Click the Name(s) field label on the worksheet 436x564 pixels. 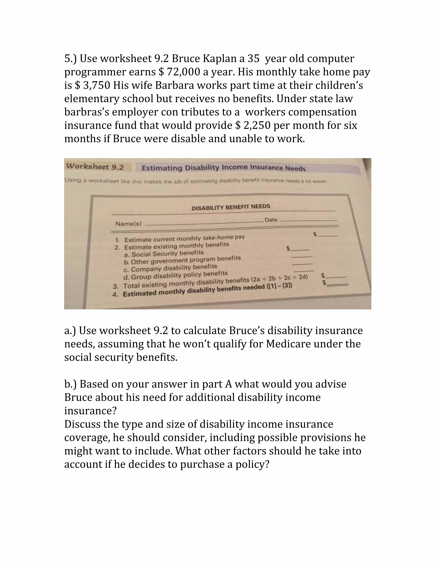point(128,224)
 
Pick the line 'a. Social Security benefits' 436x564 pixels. point(164,253)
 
